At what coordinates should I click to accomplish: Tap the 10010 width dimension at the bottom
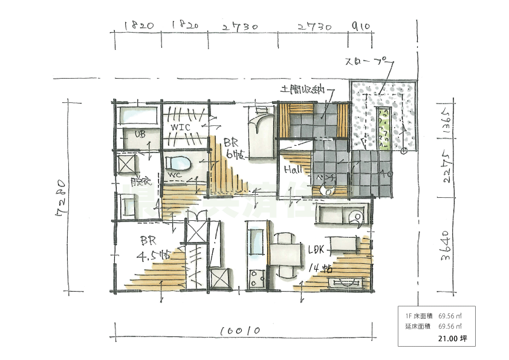240,331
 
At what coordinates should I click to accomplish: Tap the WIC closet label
181,128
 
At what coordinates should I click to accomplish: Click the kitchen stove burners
254,280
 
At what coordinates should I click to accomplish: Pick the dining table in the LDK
284,254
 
